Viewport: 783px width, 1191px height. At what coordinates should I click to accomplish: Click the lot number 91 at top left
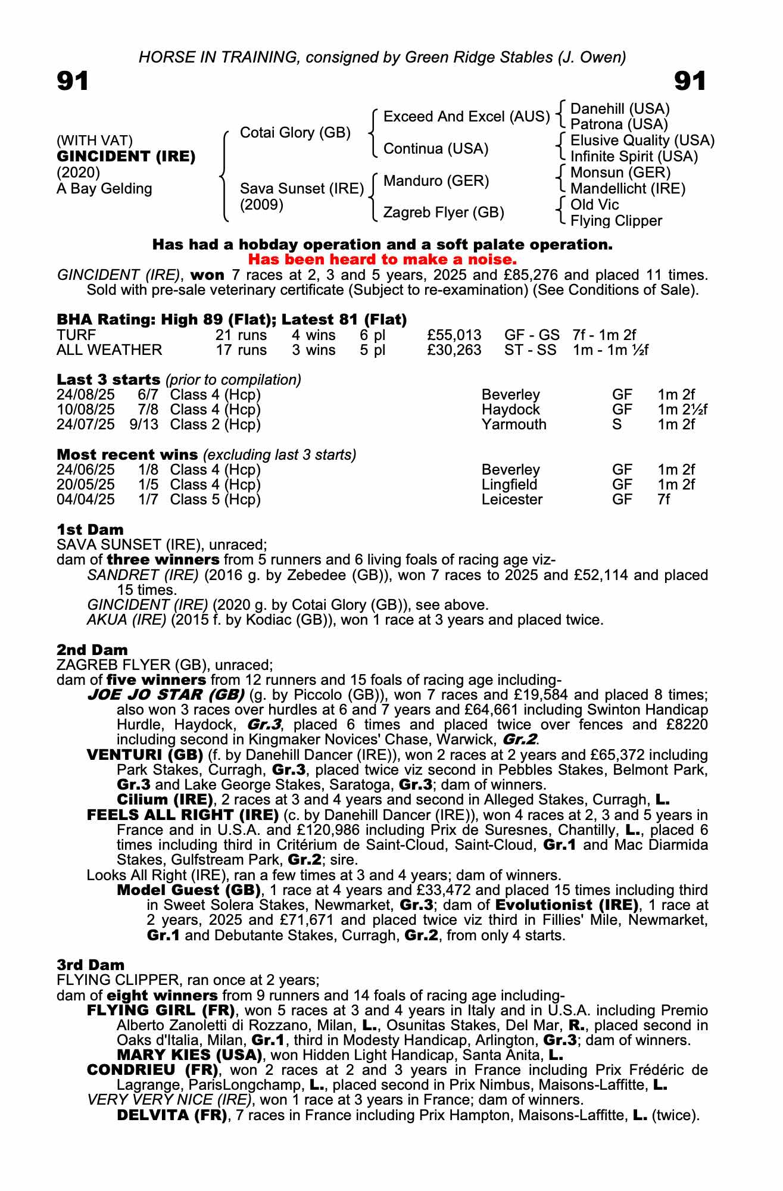click(73, 81)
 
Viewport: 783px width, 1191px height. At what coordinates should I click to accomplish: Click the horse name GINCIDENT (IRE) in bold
click(126, 157)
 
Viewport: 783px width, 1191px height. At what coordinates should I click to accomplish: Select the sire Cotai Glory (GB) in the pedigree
click(295, 133)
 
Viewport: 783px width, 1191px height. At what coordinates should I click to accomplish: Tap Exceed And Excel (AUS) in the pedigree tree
click(466, 117)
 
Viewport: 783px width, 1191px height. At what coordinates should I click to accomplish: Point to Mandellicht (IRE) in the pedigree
click(628, 189)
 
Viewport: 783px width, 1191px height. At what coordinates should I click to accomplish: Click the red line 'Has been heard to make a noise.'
click(382, 260)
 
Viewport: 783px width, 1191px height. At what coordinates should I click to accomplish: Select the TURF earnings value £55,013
click(454, 335)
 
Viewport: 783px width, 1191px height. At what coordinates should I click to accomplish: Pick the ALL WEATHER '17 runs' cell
click(241, 350)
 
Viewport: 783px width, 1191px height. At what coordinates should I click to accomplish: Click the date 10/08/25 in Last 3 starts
click(86, 410)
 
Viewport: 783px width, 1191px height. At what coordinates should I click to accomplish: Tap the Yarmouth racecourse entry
click(513, 425)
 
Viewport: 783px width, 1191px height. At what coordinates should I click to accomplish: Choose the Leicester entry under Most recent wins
click(511, 500)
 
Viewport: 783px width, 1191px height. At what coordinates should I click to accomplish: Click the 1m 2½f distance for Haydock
click(682, 410)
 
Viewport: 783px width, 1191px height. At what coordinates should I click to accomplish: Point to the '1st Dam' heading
click(90, 529)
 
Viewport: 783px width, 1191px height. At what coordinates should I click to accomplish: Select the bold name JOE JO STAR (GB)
click(166, 695)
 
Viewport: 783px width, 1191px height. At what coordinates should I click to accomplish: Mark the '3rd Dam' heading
click(91, 965)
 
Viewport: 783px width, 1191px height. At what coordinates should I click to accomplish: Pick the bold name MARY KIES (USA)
click(189, 1055)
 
